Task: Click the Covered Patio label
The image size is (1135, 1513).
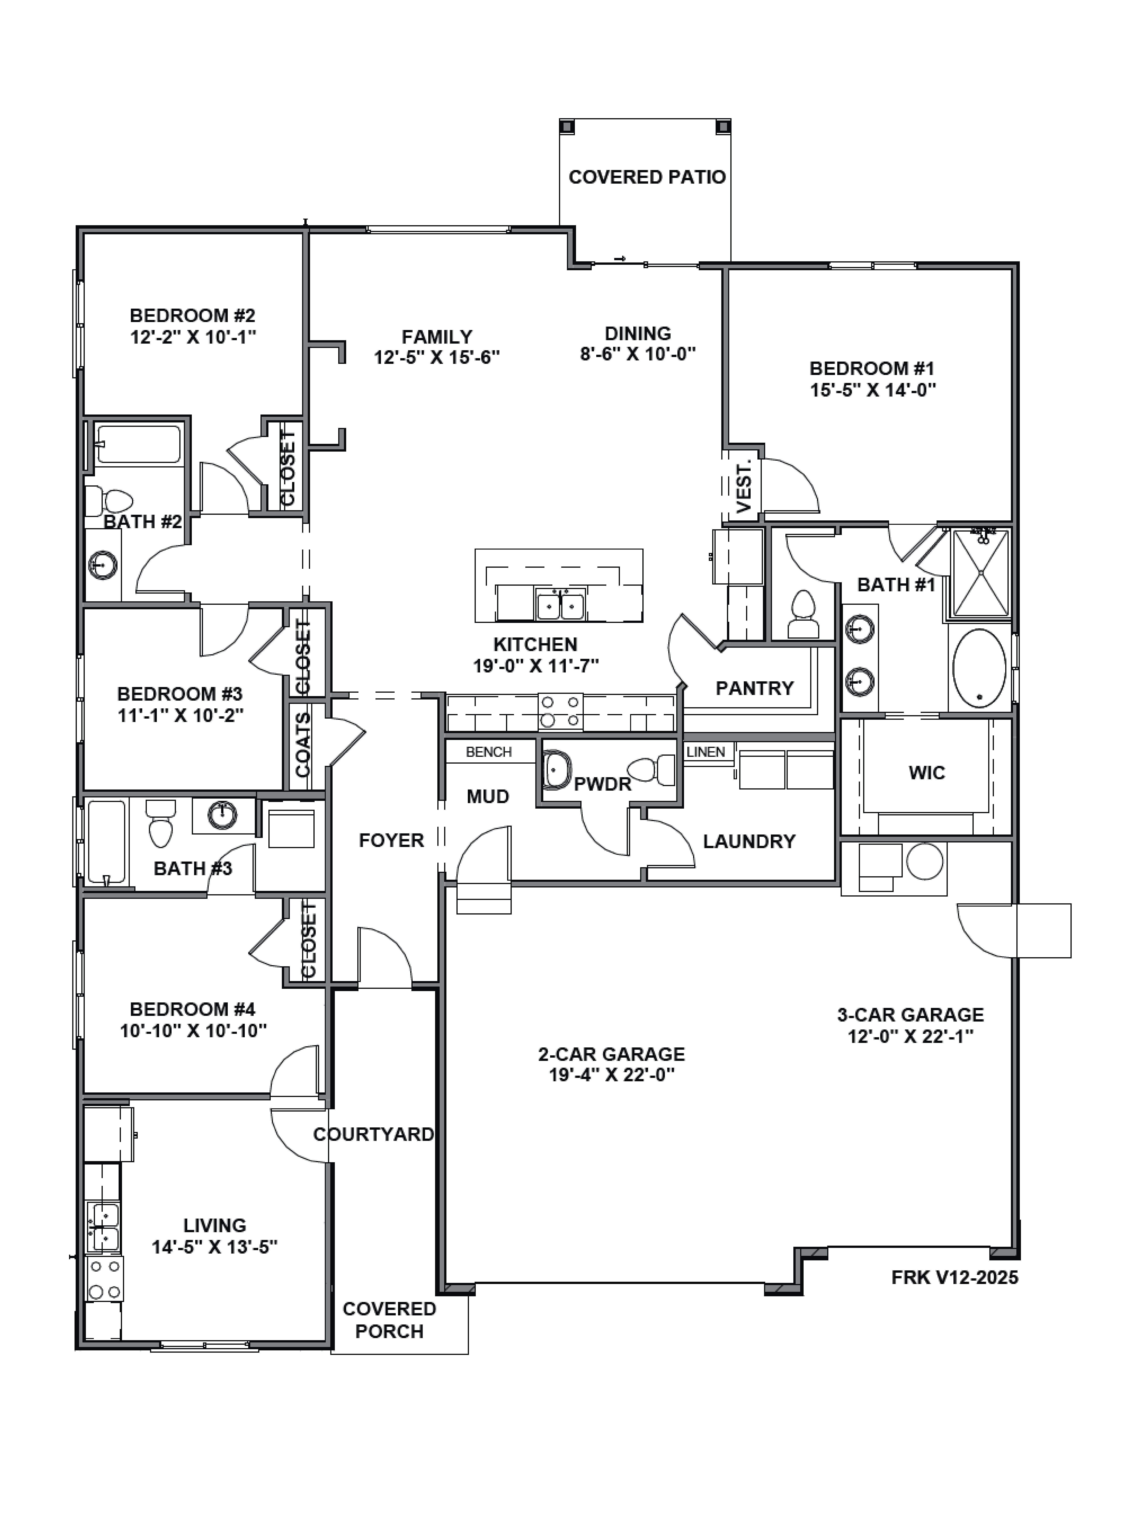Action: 647,177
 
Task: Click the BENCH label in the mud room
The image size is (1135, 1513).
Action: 488,752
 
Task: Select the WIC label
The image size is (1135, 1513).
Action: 926,773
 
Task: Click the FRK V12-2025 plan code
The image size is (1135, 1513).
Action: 954,1277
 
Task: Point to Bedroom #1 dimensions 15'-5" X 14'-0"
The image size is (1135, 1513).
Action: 872,390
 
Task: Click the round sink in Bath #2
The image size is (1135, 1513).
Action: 103,565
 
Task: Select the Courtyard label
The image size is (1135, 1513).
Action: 374,1134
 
